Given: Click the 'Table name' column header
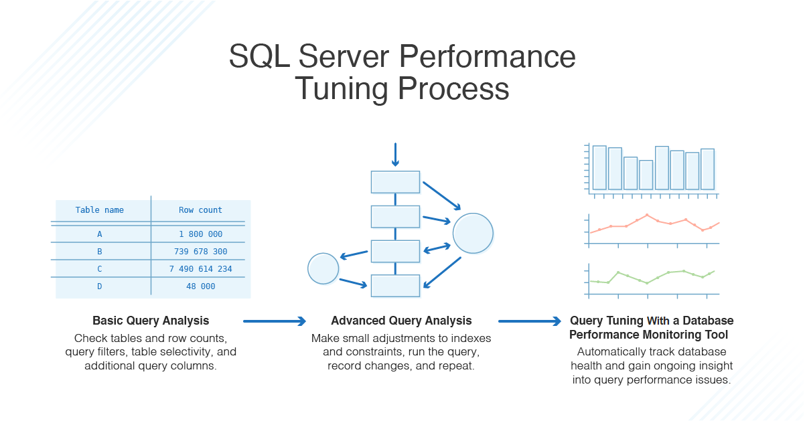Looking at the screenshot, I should [99, 210].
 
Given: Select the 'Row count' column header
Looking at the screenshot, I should [200, 210].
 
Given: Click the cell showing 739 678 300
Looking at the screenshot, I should [200, 252].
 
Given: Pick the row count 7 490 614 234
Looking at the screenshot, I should [200, 269].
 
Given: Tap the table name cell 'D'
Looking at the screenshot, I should [99, 286].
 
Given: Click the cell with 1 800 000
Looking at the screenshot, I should [200, 234].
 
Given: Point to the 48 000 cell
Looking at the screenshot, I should [200, 286].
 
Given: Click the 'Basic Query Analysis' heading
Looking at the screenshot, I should [151, 321].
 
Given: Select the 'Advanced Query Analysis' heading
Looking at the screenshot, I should [401, 321].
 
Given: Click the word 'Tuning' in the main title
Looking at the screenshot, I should [341, 90].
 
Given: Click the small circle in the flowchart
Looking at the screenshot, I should [323, 268].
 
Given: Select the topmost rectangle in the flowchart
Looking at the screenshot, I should [395, 182].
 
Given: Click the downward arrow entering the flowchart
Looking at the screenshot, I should [395, 155].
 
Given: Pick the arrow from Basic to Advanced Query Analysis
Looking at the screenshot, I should [274, 321].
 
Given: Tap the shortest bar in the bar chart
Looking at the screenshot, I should [646, 175].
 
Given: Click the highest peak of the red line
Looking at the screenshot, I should [647, 215].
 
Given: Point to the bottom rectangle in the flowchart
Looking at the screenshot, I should [395, 286].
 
